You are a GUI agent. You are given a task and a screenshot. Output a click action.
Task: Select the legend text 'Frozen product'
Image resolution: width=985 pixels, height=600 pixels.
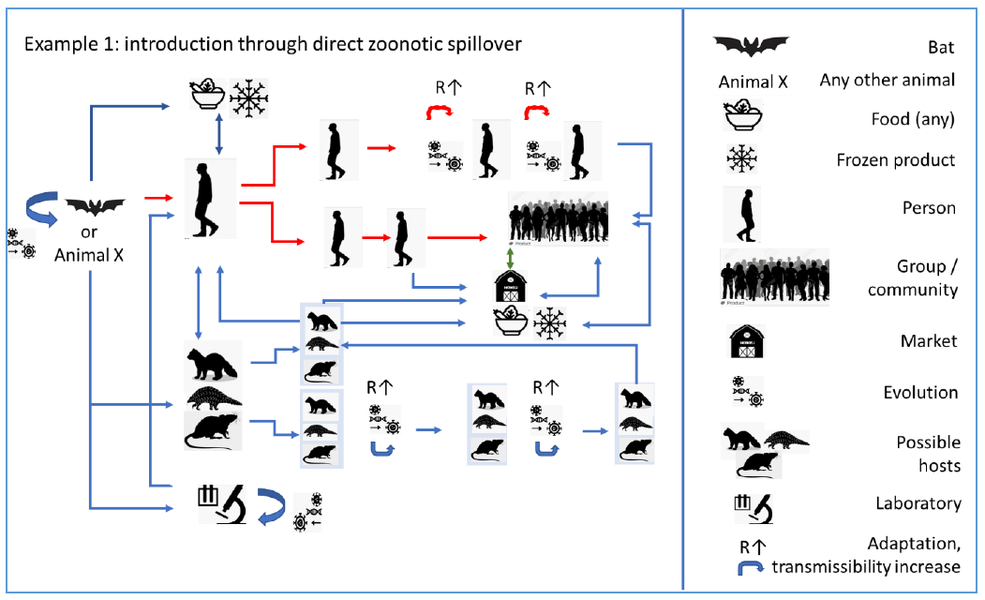pos(896,159)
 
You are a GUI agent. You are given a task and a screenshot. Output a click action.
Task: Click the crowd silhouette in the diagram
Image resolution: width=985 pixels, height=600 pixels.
pos(558,218)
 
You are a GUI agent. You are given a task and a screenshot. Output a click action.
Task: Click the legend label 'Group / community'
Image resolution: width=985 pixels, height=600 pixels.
pos(913,278)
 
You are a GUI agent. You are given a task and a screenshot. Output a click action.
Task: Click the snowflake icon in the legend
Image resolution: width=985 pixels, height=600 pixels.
pos(747,158)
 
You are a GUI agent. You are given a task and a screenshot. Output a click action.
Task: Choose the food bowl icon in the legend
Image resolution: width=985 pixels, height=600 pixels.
pos(746,119)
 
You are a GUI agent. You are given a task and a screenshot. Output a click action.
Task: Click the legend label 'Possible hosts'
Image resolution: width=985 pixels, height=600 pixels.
pos(928,453)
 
